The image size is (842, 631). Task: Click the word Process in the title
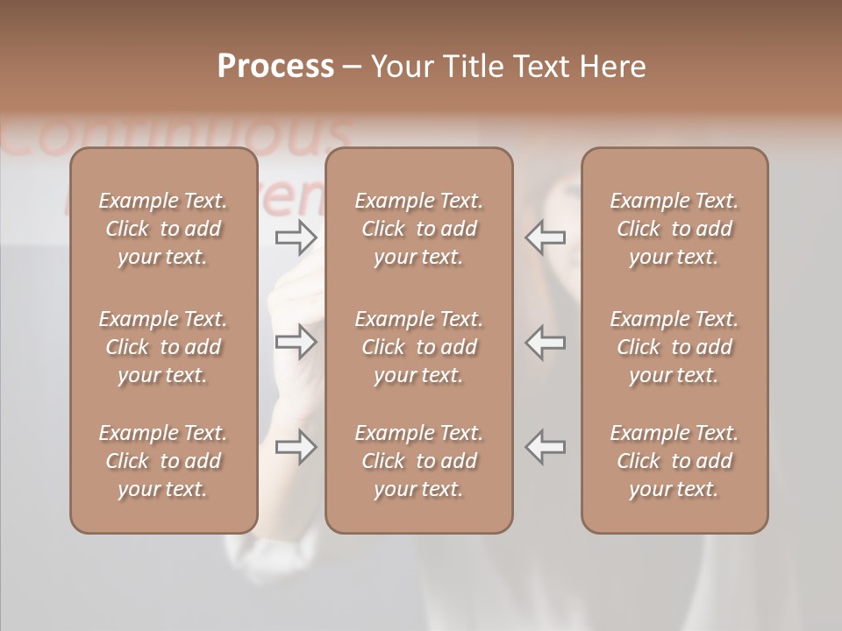pos(275,67)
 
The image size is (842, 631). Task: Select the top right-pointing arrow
pos(296,237)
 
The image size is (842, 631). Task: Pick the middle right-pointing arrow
pos(296,342)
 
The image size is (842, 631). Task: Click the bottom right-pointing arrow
pos(296,447)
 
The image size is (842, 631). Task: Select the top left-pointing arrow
pos(546,237)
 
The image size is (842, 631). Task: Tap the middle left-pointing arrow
pos(546,342)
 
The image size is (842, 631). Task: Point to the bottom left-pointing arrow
pos(546,447)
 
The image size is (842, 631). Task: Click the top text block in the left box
pos(163,229)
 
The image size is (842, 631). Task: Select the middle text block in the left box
pos(163,347)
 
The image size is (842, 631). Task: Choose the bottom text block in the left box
pos(163,461)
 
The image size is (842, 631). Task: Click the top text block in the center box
pos(419,229)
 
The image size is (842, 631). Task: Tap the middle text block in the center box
pos(419,347)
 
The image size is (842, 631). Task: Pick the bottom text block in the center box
pos(419,461)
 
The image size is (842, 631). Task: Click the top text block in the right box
pos(674,229)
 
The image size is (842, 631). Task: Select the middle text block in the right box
pos(674,347)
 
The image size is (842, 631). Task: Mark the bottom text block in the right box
pos(674,461)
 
